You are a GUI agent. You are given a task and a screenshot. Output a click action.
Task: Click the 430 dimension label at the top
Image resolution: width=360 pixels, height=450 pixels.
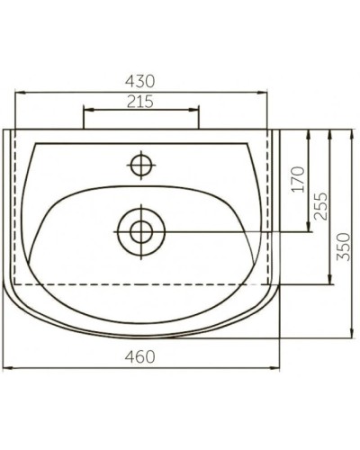(140, 80)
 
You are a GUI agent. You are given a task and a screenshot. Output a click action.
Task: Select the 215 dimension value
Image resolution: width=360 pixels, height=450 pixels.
(140, 102)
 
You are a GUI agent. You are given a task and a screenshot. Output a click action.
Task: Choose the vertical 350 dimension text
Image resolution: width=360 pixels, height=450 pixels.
(342, 242)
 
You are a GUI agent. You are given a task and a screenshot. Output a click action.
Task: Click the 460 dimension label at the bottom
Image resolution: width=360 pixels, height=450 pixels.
(140, 357)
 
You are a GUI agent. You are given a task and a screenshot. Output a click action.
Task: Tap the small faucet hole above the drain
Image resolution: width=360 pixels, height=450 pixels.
(141, 165)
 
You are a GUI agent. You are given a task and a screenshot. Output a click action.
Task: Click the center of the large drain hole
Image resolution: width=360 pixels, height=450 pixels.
(141, 230)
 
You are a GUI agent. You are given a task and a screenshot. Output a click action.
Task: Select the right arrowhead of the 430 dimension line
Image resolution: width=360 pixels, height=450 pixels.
(267, 92)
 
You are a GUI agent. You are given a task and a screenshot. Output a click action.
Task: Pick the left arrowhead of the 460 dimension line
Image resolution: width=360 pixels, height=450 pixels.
(8, 368)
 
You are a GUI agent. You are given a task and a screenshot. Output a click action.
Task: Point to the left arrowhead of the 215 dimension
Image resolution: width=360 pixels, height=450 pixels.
(85, 112)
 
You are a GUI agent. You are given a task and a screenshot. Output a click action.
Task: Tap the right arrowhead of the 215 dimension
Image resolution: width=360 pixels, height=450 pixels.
(196, 112)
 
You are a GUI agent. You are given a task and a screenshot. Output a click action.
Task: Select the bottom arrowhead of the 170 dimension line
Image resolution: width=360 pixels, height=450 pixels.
(309, 228)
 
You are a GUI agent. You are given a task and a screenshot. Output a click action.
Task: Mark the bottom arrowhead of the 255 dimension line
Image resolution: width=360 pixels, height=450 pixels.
(330, 282)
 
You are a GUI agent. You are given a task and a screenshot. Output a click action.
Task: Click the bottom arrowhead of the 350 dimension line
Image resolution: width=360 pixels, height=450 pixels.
(351, 337)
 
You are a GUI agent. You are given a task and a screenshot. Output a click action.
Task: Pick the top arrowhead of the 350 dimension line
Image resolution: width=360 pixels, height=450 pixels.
(351, 132)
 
